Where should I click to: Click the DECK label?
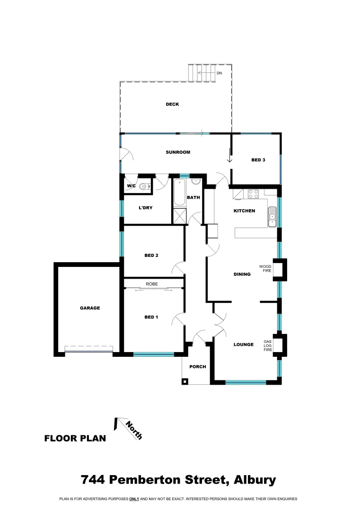tap(172, 105)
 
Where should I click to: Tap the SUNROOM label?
tap(178, 152)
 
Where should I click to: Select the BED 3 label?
tap(258, 160)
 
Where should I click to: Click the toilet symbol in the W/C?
tap(143, 186)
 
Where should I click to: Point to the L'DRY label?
tap(145, 208)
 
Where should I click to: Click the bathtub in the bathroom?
tap(179, 193)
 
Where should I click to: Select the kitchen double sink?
tap(272, 217)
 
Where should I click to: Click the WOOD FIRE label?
tap(265, 269)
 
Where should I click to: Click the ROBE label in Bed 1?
tap(151, 284)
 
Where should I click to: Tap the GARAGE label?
tap(89, 308)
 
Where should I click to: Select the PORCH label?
tap(197, 367)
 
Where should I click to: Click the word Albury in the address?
tap(255, 480)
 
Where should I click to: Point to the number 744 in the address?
tap(93, 480)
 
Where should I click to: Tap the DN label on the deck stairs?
tap(219, 73)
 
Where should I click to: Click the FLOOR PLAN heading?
tap(75, 438)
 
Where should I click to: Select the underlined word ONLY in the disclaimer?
tap(133, 499)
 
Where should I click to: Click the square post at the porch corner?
tap(185, 381)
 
